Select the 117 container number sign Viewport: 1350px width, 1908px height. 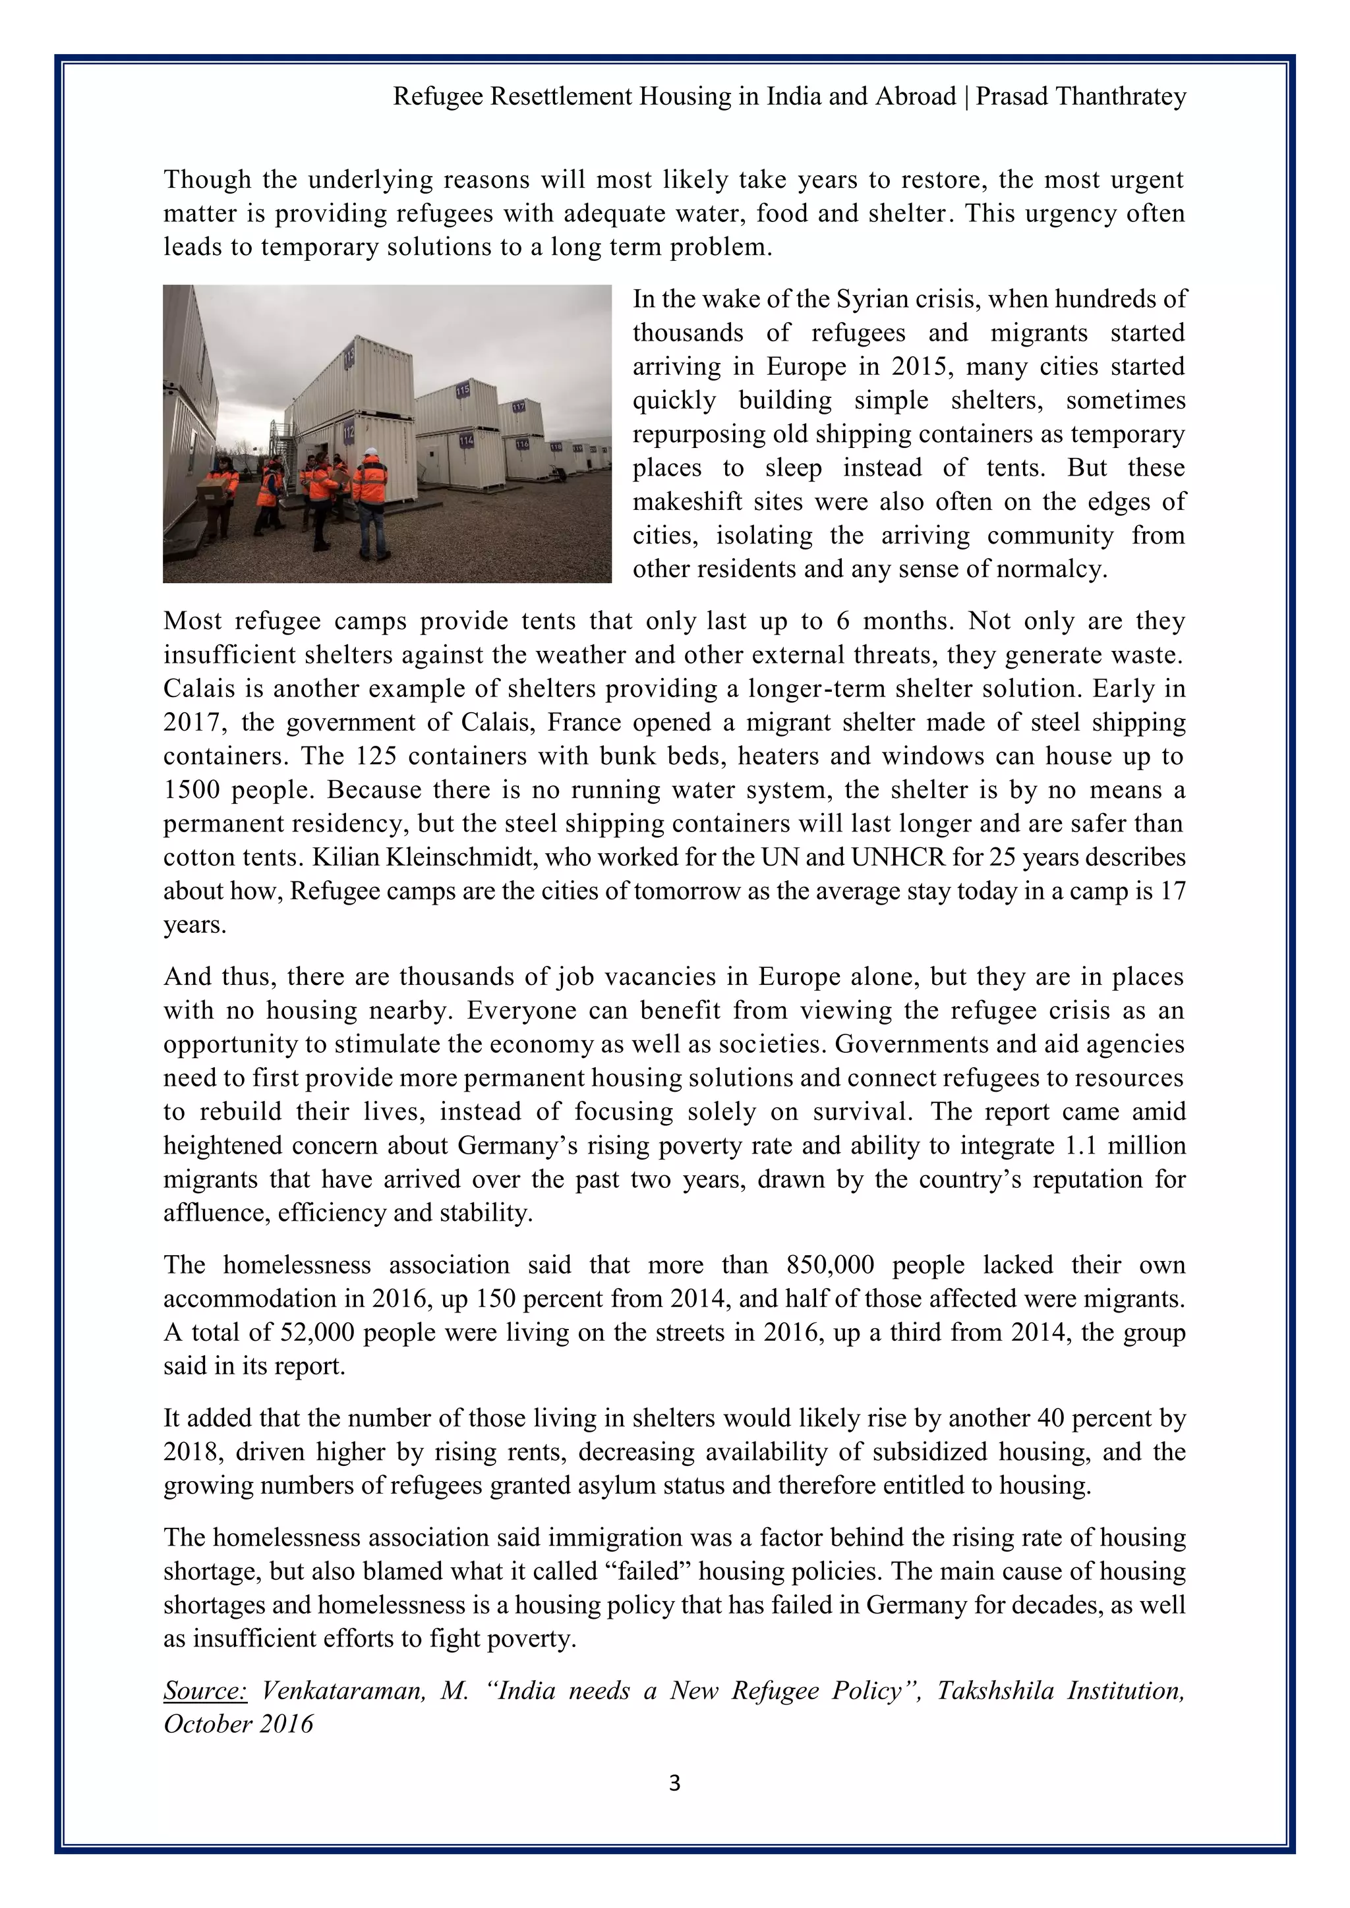(518, 407)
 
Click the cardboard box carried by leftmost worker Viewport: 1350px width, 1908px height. (213, 493)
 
